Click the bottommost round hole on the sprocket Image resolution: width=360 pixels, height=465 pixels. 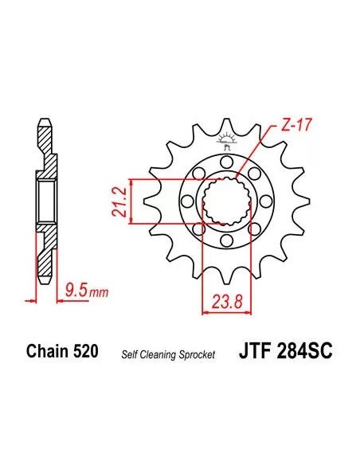coord(226,241)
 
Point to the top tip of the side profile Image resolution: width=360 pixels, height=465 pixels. coord(45,122)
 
